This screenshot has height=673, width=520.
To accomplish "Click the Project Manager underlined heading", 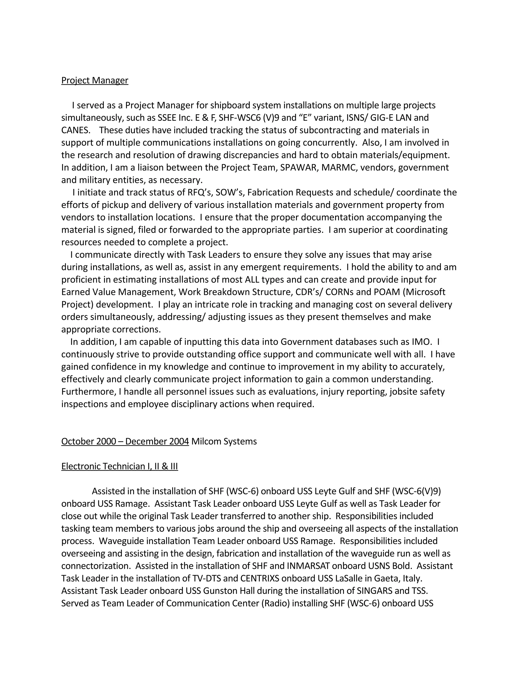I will (94, 81).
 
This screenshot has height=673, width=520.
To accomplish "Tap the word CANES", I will (75, 130).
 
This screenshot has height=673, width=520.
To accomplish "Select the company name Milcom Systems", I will (224, 442).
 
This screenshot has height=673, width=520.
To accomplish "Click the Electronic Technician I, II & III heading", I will (120, 467).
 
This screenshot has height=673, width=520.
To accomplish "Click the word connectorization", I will (95, 566).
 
